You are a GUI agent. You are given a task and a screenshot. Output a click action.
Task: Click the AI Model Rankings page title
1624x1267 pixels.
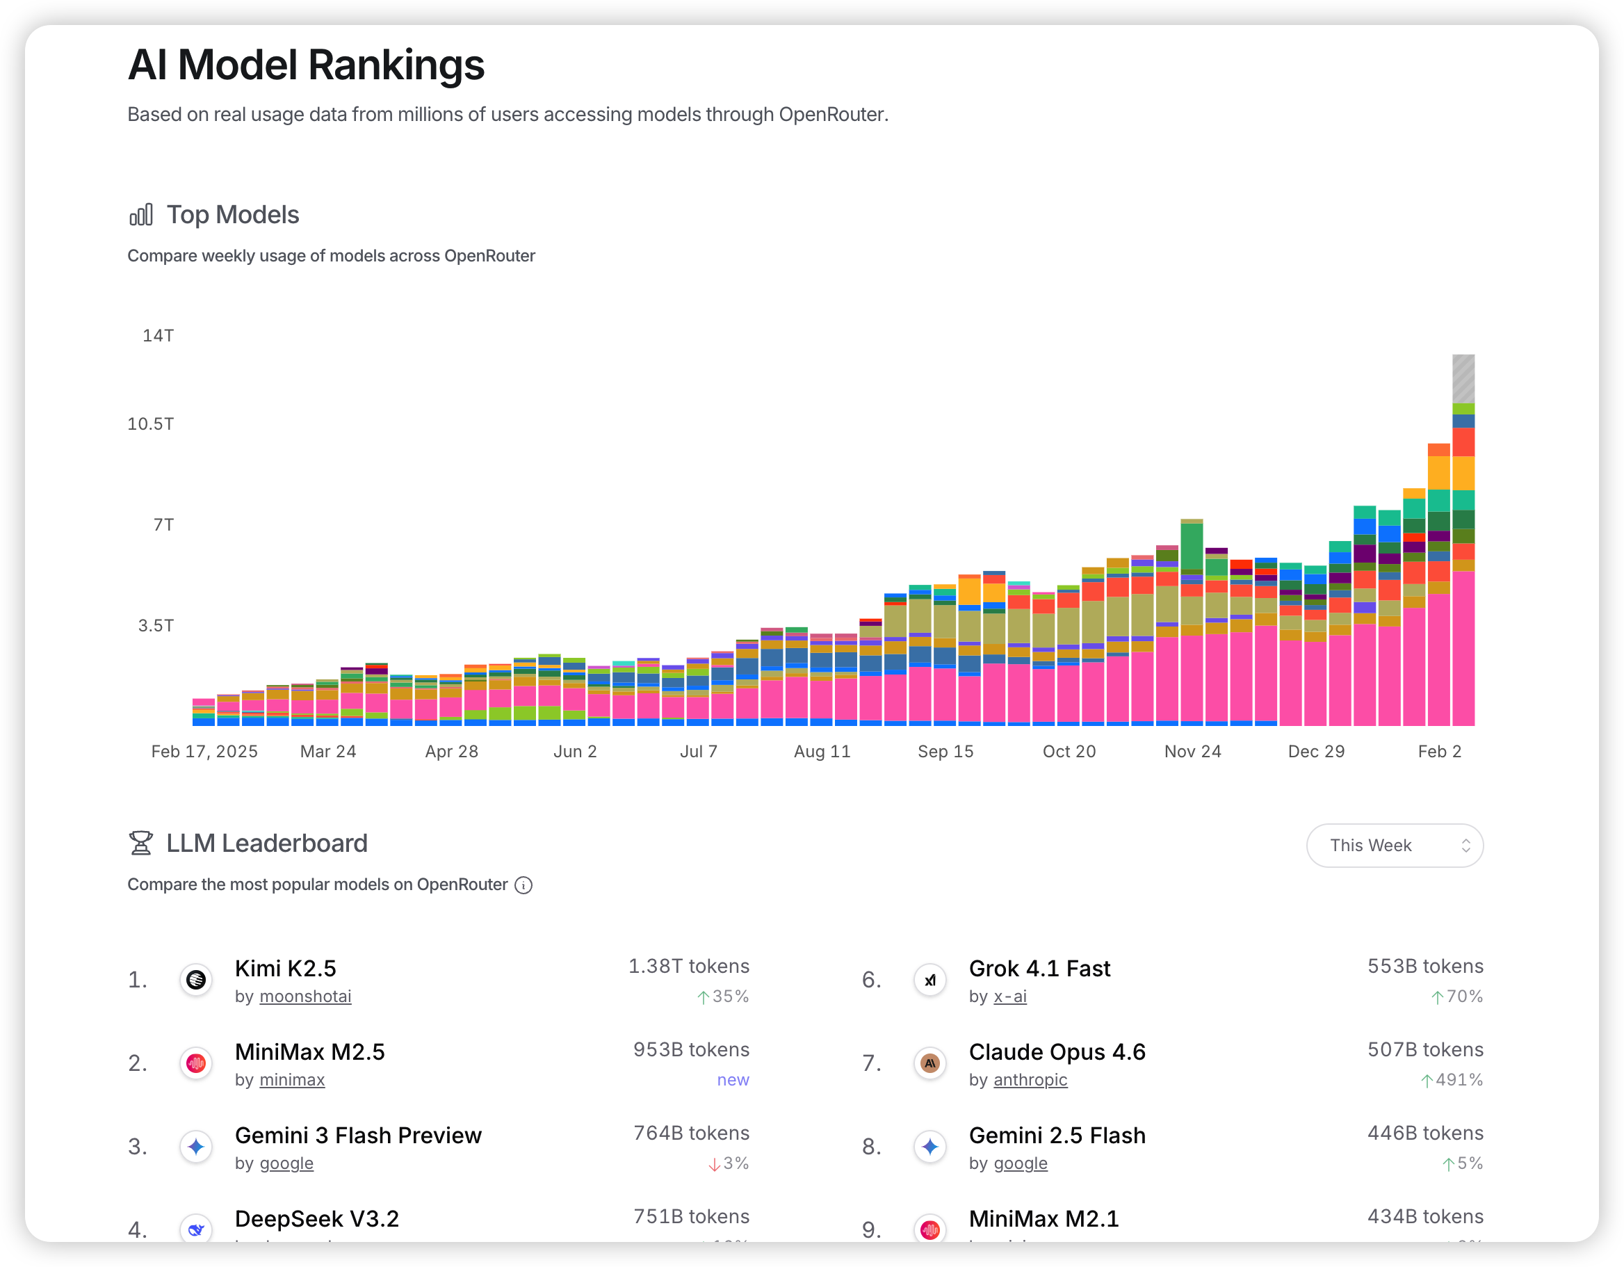tap(306, 65)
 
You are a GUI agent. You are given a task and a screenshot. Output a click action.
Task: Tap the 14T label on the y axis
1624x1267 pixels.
tap(159, 336)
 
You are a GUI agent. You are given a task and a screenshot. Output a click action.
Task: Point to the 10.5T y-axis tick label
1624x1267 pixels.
tap(150, 424)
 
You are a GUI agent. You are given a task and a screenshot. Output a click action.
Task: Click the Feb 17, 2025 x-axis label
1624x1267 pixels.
tap(204, 752)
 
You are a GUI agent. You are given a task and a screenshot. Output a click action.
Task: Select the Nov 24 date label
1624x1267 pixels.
tap(1193, 752)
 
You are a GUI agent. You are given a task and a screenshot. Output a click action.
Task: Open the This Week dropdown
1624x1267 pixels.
tap(1394, 845)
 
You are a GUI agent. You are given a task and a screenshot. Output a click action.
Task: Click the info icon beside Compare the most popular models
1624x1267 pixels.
tap(523, 885)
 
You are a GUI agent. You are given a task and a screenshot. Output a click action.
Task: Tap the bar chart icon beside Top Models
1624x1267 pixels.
tap(140, 215)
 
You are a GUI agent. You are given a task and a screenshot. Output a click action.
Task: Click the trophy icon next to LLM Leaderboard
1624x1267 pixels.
tap(140, 843)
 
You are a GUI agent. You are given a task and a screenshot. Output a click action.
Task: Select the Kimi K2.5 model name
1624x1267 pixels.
tap(286, 968)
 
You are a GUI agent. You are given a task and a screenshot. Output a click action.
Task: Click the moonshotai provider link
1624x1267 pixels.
tap(305, 996)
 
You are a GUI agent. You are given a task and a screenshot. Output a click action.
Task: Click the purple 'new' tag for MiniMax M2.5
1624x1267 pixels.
tap(733, 1079)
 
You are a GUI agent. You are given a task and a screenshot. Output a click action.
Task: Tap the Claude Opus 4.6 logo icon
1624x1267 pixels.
tap(929, 1063)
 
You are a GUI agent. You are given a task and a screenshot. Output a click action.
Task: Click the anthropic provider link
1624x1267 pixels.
tap(1030, 1079)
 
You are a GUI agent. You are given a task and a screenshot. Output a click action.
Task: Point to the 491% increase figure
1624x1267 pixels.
tap(1458, 1079)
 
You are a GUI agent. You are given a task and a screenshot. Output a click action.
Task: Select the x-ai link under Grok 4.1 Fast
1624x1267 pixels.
tap(1010, 996)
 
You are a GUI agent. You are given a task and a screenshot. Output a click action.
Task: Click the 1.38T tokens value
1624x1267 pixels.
tap(688, 966)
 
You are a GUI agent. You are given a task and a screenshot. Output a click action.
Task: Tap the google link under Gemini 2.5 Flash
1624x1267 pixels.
tap(1020, 1163)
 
